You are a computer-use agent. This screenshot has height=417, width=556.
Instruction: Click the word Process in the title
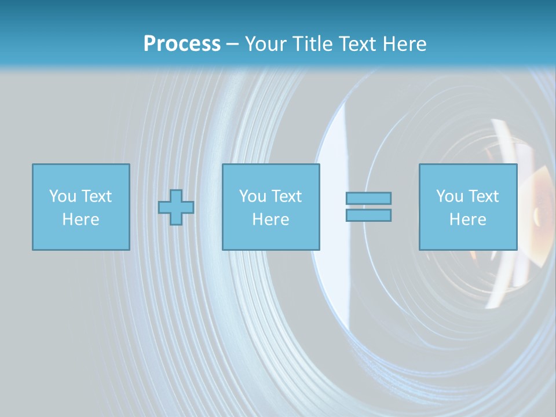pyautogui.click(x=182, y=44)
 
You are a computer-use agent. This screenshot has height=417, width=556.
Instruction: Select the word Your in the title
pyautogui.click(x=266, y=44)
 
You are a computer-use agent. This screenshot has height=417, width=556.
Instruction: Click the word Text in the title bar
pyautogui.click(x=359, y=44)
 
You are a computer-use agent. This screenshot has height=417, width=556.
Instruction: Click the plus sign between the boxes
pyautogui.click(x=176, y=207)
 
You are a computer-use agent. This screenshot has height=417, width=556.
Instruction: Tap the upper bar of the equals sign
pyautogui.click(x=368, y=198)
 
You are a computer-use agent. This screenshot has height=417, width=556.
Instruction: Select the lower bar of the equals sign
pyautogui.click(x=368, y=215)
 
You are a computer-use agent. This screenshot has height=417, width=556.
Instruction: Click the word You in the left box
pyautogui.click(x=62, y=196)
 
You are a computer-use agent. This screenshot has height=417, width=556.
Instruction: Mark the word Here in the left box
pyautogui.click(x=81, y=220)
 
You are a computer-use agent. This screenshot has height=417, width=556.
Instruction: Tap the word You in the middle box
pyautogui.click(x=253, y=196)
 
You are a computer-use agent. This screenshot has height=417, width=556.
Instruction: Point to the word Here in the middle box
pyautogui.click(x=270, y=220)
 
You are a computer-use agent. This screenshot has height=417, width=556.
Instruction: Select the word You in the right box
pyautogui.click(x=449, y=196)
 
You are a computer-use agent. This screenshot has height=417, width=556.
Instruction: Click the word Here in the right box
pyautogui.click(x=467, y=220)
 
